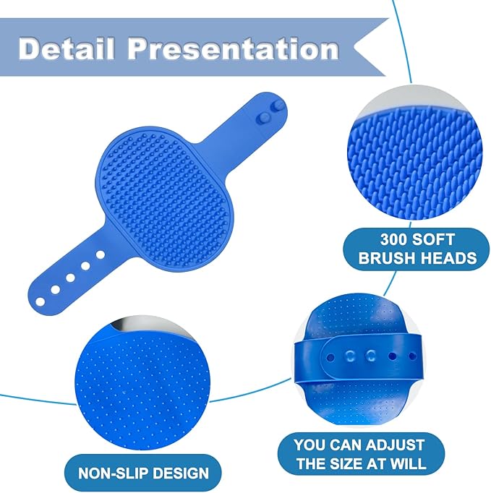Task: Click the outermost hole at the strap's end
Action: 40,299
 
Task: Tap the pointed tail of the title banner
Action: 376,48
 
